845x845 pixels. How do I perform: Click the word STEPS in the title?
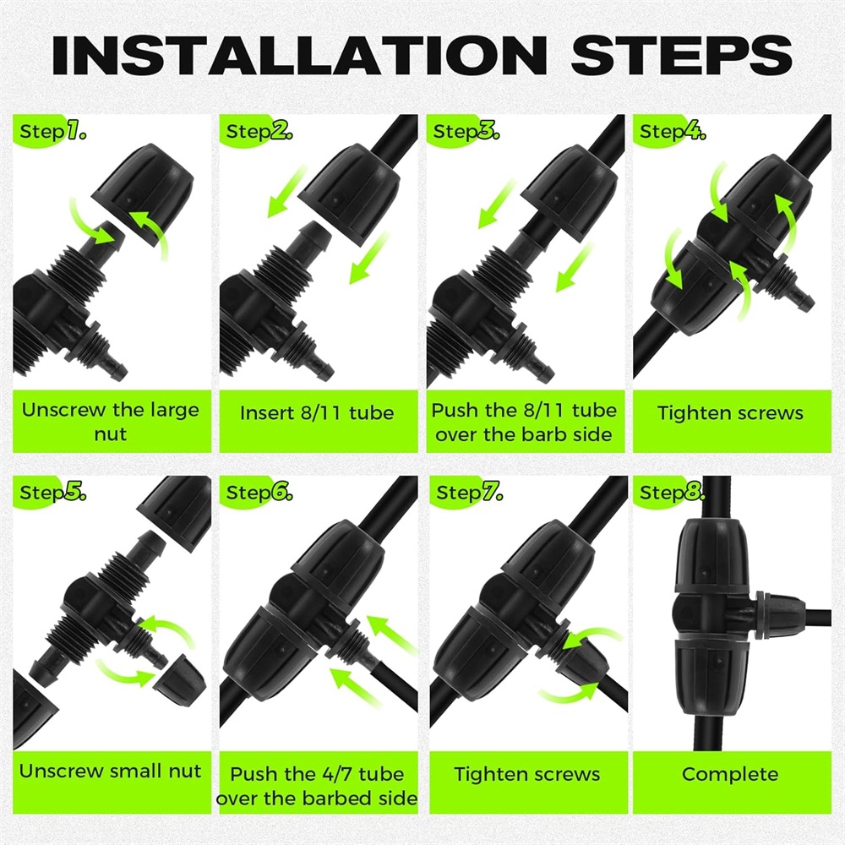click(681, 55)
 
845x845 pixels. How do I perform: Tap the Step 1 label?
click(52, 131)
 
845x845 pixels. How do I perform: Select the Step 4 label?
click(673, 131)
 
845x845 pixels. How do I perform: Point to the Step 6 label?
click(259, 492)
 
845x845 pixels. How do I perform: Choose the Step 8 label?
click(672, 492)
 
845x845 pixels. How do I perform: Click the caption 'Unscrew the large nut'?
click(111, 422)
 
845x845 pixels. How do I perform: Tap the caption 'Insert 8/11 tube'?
click(317, 413)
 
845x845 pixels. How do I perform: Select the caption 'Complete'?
click(730, 774)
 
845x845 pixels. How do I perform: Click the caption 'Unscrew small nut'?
click(111, 771)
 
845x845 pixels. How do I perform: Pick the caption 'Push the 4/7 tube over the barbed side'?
click(317, 786)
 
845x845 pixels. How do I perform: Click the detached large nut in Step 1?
click(142, 195)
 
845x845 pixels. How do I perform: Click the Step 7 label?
click(469, 492)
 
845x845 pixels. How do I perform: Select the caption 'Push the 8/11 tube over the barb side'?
click(524, 422)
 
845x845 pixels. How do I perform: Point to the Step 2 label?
click(259, 131)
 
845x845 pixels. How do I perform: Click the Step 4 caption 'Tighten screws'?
click(730, 413)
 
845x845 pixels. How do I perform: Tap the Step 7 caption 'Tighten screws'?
click(527, 774)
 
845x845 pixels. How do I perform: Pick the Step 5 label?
click(52, 492)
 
